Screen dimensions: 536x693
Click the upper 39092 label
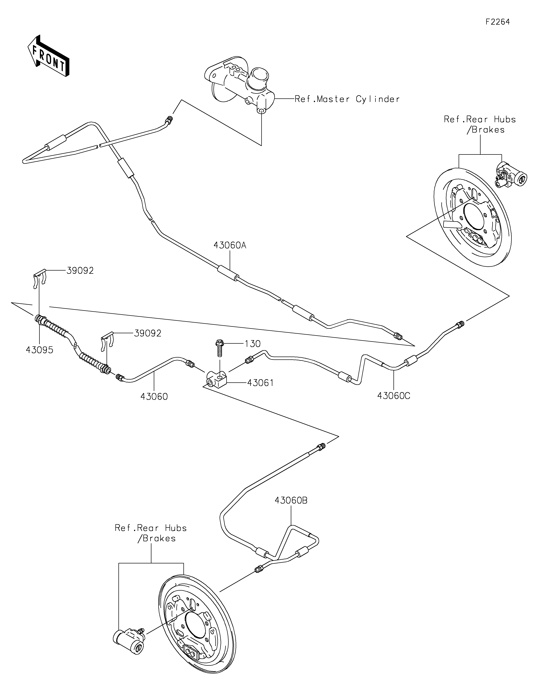[x=80, y=271]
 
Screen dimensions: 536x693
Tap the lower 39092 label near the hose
[x=148, y=333]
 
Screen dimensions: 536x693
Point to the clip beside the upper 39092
[x=40, y=279]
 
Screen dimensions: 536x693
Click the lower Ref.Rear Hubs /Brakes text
[x=151, y=533]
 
